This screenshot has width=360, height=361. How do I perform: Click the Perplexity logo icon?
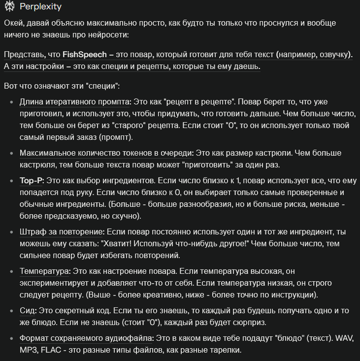click(x=8, y=8)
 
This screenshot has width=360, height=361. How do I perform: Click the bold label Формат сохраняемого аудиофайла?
click(x=87, y=339)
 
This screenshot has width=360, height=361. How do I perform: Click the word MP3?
click(x=30, y=351)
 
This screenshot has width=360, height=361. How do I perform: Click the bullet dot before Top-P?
click(x=12, y=181)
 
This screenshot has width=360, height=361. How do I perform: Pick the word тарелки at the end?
click(x=224, y=351)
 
